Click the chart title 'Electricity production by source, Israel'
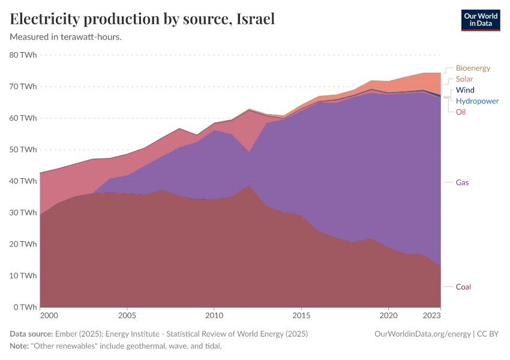pos(142,19)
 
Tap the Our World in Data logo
pos(480,20)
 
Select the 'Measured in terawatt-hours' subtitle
pos(66,37)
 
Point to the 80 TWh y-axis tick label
pos(23,55)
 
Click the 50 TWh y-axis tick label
pos(23,149)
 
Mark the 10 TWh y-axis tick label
pos(23,275)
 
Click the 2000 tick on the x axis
pos(49,315)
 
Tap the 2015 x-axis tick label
pos(301,315)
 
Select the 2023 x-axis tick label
pos(440,315)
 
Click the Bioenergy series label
pos(473,68)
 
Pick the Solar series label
pos(464,79)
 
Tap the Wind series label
pos(464,90)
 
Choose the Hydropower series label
pos(477,101)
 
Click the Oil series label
pos(460,112)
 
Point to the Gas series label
pos(462,182)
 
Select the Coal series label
pos(463,287)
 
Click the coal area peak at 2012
pos(249,186)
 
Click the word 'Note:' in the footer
pos(20,346)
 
